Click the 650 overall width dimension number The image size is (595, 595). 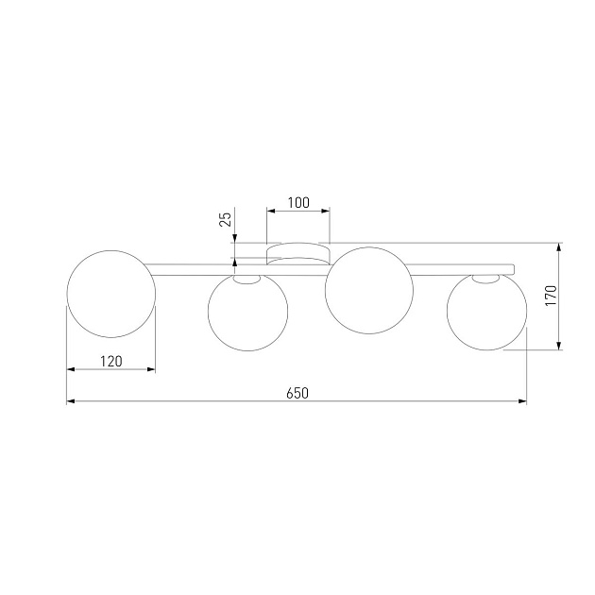pos(297,392)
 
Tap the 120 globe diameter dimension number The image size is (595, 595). pos(111,360)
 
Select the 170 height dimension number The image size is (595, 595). pos(551,296)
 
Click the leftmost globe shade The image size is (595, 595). pos(110,293)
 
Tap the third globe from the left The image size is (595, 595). pos(368,287)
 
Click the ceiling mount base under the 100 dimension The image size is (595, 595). pos(298,251)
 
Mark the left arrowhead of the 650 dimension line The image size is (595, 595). pos(71,401)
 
